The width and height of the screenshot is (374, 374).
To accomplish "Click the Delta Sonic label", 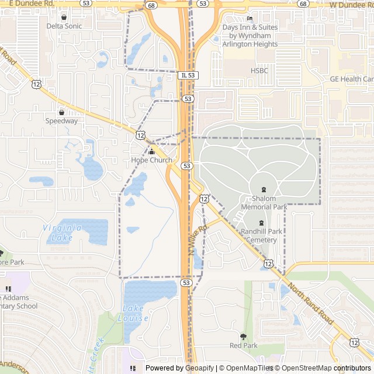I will pos(64,26).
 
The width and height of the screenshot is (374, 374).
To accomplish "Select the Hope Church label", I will pos(151,160).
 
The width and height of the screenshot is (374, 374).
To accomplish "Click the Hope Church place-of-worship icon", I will pos(151,152).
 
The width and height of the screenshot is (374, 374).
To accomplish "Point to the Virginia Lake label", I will pos(62,233).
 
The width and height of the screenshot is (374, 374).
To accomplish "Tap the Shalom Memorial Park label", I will pos(264,203).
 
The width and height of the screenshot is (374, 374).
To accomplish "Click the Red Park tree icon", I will pos(243,337).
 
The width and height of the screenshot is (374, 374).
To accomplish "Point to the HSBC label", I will pos(259,70).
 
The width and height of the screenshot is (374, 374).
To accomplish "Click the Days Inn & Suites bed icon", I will pos(250,18).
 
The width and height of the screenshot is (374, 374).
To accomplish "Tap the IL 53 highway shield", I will pos(186,75).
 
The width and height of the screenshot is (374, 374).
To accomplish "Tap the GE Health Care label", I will pos(351,79).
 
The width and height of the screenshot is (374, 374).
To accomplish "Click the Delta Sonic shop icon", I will pos(64,18).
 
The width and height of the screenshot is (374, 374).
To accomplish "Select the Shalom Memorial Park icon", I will pos(264,189).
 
